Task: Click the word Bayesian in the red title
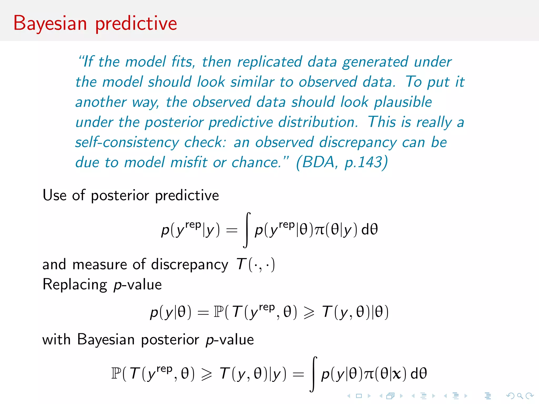(x=50, y=24)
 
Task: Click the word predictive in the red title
(x=136, y=24)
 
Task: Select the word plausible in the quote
(x=403, y=102)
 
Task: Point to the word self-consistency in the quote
(x=127, y=143)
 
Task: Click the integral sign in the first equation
(x=247, y=230)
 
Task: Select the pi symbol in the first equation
(x=320, y=230)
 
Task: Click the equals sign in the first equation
(x=232, y=230)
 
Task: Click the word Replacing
(x=75, y=285)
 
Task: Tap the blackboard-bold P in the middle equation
(x=218, y=312)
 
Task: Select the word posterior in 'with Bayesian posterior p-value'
(x=170, y=340)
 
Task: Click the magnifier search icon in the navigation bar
(x=520, y=396)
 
